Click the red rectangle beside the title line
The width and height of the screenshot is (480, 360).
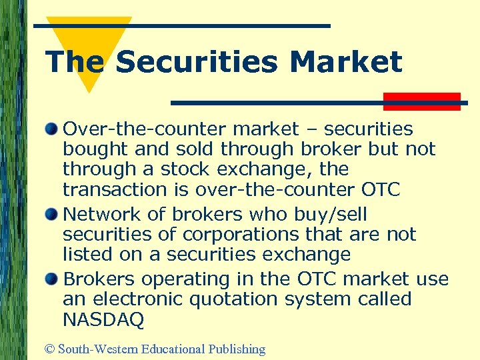click(x=421, y=101)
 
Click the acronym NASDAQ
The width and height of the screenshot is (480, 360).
click(x=103, y=320)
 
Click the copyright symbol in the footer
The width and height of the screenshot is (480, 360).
click(x=50, y=349)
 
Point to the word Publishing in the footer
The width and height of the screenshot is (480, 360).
click(x=237, y=349)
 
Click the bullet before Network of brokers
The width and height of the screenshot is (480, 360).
click(x=52, y=213)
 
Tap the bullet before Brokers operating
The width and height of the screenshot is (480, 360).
click(x=52, y=277)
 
